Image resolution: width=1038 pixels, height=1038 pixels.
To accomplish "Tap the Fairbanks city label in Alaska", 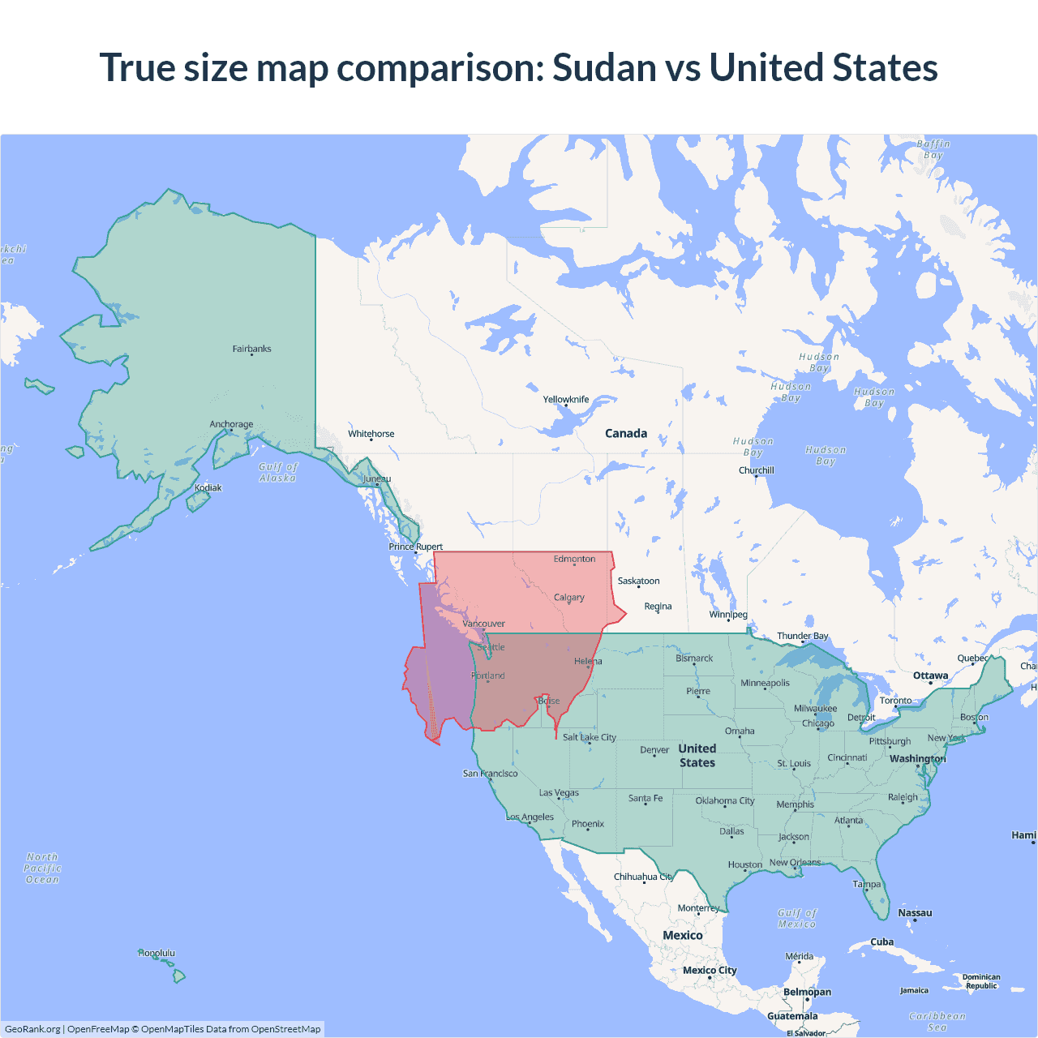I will tap(251, 349).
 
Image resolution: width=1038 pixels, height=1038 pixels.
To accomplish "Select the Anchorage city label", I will tap(231, 424).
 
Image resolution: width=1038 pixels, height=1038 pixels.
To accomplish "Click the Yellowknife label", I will tap(566, 399).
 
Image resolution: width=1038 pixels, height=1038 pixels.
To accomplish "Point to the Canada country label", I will tap(626, 433).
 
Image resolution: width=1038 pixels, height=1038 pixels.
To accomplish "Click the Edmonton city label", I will tap(574, 559).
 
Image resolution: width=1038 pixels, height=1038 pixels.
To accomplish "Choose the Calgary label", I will tap(568, 598).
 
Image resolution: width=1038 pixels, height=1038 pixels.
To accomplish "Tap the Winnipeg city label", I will tap(728, 614).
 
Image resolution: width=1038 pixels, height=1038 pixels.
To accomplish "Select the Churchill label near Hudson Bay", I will tap(756, 470).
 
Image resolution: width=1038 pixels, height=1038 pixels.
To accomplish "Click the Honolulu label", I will tap(157, 953).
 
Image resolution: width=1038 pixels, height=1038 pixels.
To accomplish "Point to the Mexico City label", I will tap(710, 970).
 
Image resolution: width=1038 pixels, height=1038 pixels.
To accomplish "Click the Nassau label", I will tap(915, 913).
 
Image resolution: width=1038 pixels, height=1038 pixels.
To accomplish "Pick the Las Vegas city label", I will tap(559, 792).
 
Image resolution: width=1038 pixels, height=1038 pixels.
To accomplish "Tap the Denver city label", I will tap(654, 750).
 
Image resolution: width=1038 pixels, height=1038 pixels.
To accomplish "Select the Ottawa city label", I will tap(930, 676).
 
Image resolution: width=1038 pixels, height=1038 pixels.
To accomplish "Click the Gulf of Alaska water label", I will tap(278, 472).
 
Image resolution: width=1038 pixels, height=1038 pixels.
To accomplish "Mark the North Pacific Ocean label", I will tap(42, 868).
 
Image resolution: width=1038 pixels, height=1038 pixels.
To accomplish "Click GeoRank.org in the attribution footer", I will tap(32, 1029).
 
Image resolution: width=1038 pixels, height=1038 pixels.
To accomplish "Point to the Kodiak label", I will tap(208, 487).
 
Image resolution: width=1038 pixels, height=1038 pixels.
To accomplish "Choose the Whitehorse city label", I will tap(371, 434).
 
